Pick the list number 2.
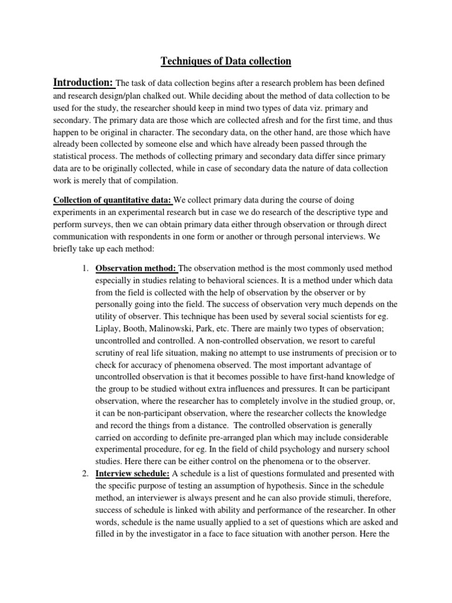(x=85, y=473)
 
